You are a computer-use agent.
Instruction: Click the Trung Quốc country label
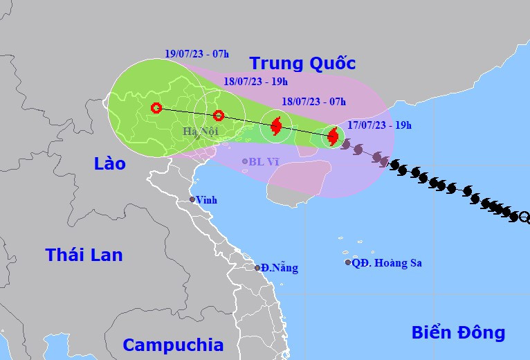(302, 64)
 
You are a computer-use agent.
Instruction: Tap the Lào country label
(110, 163)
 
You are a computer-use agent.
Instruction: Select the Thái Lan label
(84, 255)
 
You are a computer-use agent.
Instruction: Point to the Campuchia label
(173, 345)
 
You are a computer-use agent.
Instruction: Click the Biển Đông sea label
(458, 332)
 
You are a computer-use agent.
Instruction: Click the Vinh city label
(206, 200)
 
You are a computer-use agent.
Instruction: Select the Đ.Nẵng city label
(280, 268)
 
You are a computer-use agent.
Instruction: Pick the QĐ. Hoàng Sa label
(387, 263)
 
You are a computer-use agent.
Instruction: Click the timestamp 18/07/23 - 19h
(255, 82)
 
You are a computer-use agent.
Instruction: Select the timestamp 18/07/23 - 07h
(313, 101)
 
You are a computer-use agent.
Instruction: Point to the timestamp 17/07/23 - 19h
(379, 125)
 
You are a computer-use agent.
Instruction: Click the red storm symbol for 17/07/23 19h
(333, 136)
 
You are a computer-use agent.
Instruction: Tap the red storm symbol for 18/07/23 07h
(276, 126)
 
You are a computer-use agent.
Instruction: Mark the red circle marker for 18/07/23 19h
(218, 116)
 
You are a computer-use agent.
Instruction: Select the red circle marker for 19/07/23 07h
(156, 108)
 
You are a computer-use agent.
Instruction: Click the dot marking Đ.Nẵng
(257, 268)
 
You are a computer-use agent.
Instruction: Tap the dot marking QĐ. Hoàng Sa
(348, 262)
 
